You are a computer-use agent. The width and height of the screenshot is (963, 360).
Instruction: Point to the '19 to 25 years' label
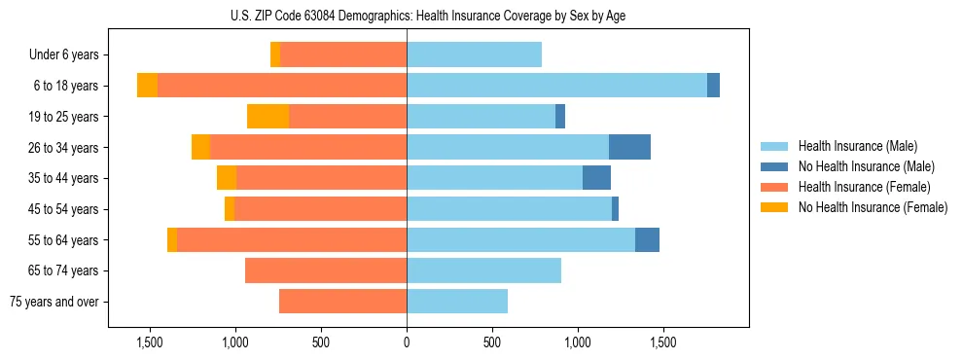tap(62, 117)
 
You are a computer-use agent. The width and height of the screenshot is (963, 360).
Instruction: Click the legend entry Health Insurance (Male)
tap(857, 146)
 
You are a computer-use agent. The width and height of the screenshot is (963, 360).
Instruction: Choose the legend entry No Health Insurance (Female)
tap(873, 207)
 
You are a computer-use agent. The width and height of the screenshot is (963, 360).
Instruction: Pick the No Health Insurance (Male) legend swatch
tap(774, 166)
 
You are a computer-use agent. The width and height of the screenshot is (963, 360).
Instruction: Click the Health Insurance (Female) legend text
tap(864, 187)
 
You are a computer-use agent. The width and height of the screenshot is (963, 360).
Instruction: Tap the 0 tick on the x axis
tap(407, 343)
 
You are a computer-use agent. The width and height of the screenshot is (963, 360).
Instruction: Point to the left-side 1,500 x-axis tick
tap(150, 343)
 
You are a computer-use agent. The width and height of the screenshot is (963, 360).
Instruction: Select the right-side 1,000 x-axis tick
tap(578, 343)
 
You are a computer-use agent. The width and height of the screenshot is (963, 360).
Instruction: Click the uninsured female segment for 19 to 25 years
tap(268, 117)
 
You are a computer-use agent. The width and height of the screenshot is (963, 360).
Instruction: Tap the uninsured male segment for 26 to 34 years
tap(629, 147)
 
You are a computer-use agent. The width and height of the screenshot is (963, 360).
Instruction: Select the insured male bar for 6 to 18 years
tap(556, 86)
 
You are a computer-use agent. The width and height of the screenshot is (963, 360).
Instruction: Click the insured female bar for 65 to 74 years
tap(326, 270)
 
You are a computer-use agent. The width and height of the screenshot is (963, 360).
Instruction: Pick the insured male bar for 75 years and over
tap(457, 302)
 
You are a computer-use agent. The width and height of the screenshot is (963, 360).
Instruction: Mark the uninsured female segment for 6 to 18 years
tap(147, 86)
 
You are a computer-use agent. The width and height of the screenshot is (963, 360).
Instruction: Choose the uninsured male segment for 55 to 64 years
tap(647, 239)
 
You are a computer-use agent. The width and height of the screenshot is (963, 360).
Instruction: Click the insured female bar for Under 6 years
tap(343, 55)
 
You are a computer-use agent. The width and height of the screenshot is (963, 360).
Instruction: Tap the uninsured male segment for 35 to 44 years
tap(596, 178)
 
